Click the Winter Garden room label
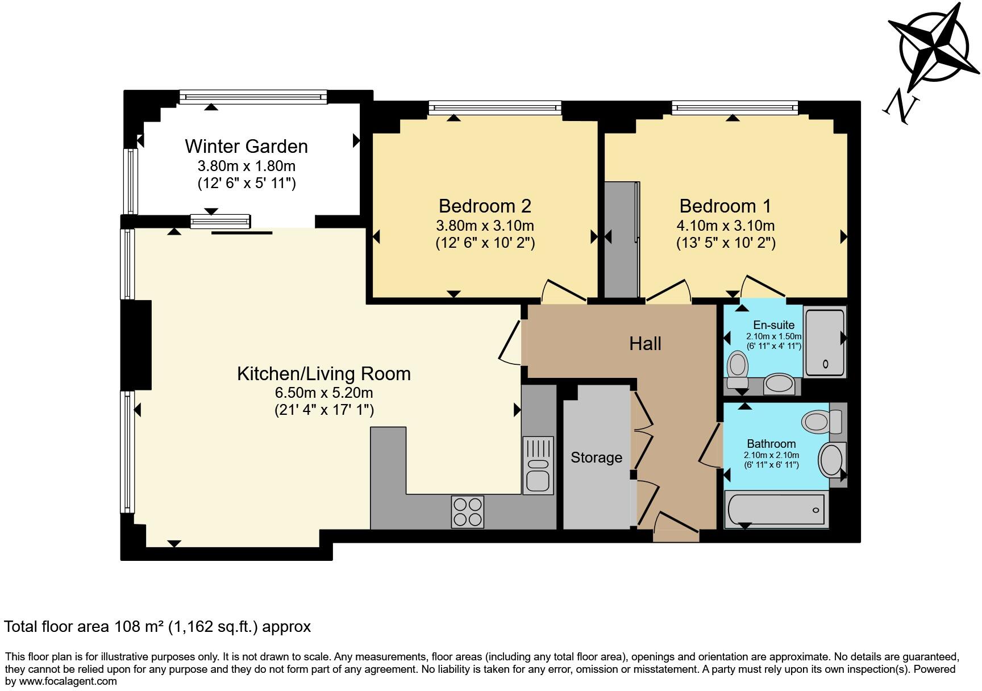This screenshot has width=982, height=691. (246, 147)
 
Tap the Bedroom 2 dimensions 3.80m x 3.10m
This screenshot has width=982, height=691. (485, 226)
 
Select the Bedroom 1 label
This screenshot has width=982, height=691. (725, 206)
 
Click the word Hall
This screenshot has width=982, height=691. (645, 344)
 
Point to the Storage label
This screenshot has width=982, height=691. (596, 457)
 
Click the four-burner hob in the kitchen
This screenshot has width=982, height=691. (468, 511)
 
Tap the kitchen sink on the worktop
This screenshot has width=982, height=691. (538, 465)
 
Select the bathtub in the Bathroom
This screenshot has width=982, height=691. (776, 509)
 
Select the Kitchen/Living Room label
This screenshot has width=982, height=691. (323, 374)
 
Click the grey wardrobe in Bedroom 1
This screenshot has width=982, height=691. (622, 239)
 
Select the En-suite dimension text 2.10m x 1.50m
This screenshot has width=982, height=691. (773, 336)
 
